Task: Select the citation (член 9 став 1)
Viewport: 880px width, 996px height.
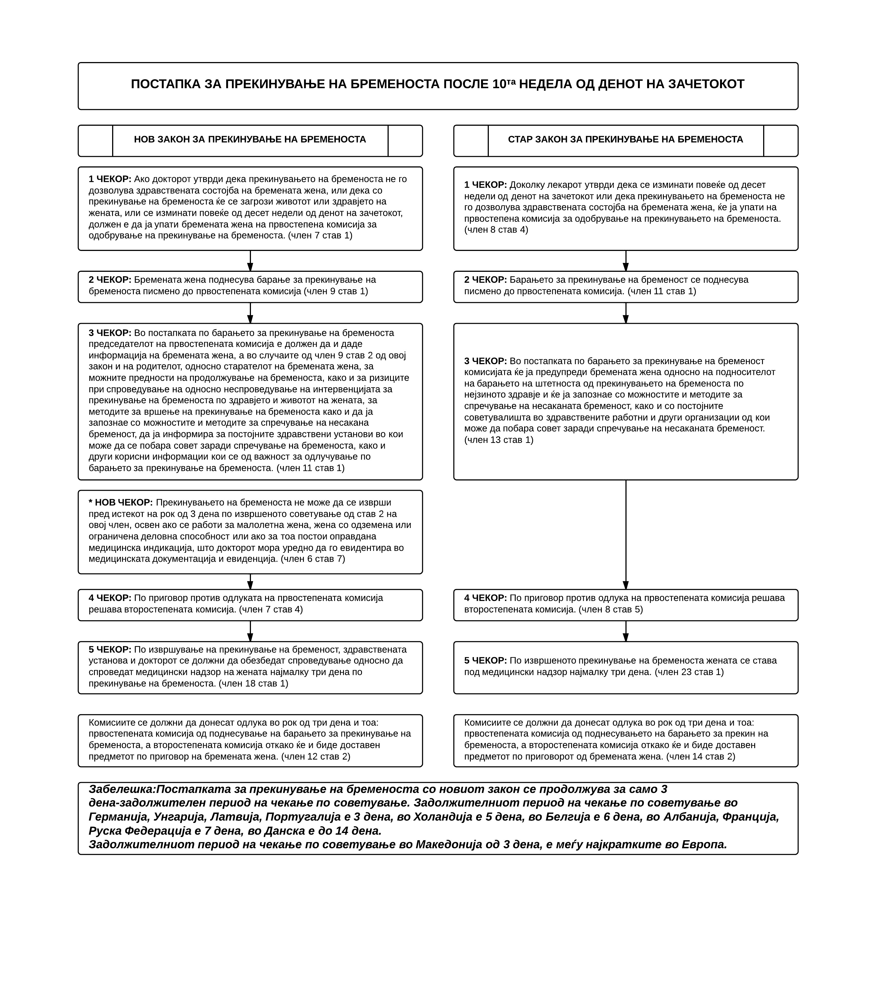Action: point(336,291)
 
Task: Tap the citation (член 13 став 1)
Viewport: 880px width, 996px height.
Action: point(499,440)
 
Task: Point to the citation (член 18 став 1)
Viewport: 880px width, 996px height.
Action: point(253,684)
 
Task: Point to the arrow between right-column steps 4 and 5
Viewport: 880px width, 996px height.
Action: point(626,631)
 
